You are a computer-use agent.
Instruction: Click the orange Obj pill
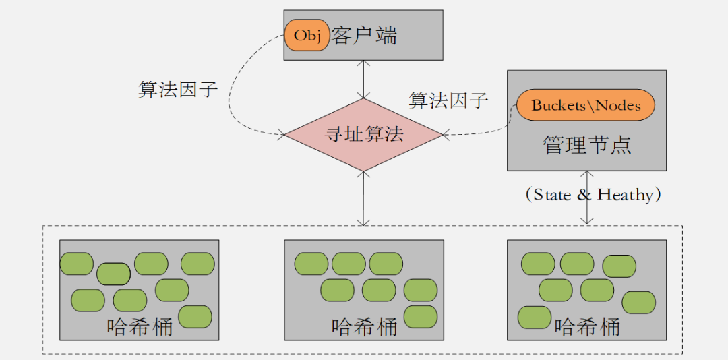[x=307, y=35]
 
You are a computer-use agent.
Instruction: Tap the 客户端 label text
[x=364, y=36]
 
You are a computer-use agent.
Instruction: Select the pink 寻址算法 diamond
[x=363, y=134]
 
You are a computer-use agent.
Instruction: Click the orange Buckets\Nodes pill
[x=586, y=105]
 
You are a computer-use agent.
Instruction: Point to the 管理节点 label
[x=586, y=145]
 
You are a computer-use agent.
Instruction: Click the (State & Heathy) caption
[x=593, y=195]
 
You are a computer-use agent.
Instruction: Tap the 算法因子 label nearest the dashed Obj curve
[x=178, y=90]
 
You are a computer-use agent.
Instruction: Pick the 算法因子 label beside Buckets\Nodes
[x=448, y=101]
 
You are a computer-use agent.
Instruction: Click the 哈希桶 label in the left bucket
[x=140, y=326]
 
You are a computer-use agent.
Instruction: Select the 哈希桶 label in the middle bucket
[x=364, y=327]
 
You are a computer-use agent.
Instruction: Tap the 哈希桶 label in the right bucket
[x=586, y=328]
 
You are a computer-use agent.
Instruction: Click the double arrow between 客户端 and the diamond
[x=363, y=80]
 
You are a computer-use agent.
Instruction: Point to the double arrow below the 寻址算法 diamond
[x=363, y=198]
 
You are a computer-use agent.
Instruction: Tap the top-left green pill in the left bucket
[x=76, y=264]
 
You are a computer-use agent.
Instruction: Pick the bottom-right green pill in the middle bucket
[x=421, y=316]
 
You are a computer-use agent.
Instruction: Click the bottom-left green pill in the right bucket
[x=535, y=317]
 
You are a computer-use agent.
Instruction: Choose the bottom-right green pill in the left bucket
[x=195, y=316]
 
